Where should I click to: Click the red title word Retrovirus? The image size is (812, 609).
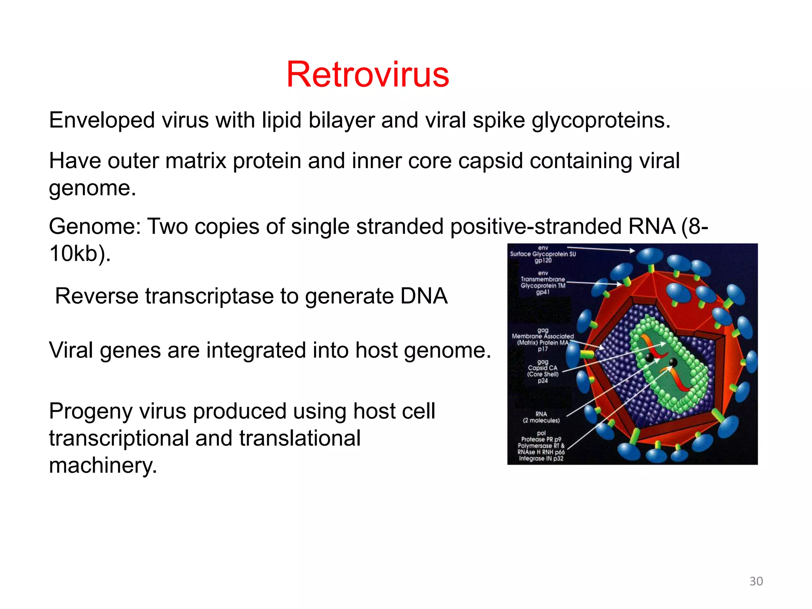pos(368,75)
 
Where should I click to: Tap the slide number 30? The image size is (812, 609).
pos(756,581)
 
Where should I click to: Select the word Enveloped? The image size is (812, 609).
pos(102,121)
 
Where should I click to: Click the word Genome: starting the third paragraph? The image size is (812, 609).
pos(95,227)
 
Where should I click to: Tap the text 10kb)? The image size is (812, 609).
pos(79,254)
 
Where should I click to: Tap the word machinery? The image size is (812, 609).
pos(103,465)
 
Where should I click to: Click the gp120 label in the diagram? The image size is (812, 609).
pos(543,260)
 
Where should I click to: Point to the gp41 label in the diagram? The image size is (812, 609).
pos(543,292)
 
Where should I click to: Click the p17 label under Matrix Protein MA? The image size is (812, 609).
pos(543,349)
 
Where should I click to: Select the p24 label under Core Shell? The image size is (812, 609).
pos(543,381)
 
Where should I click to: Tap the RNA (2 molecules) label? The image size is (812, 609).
pos(541,417)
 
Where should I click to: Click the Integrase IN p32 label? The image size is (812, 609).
pos(541,459)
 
